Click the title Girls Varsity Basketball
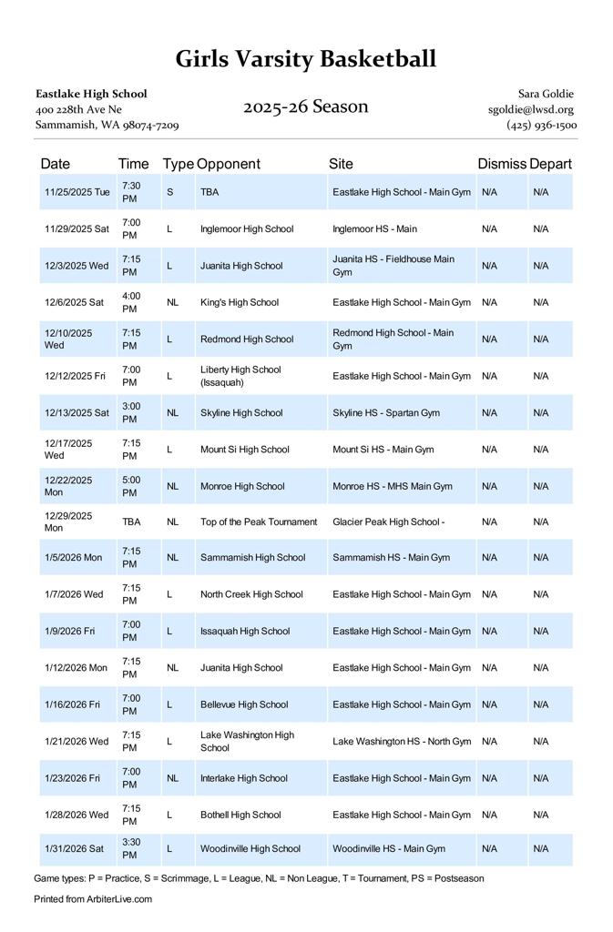306,60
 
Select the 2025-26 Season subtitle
305,106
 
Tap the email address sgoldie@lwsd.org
530,109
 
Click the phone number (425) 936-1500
541,125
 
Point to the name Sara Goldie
546,94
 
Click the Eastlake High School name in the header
91,94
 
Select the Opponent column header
228,164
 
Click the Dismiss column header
502,164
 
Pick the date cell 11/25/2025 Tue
77,192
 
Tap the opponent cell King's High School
240,302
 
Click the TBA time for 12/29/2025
131,522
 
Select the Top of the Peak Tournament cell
259,522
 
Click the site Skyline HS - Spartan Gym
386,412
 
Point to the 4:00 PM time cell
131,302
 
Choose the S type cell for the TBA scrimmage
169,192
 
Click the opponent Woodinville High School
250,849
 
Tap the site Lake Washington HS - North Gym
402,742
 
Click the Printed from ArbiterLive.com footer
93,899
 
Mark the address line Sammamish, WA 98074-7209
107,125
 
